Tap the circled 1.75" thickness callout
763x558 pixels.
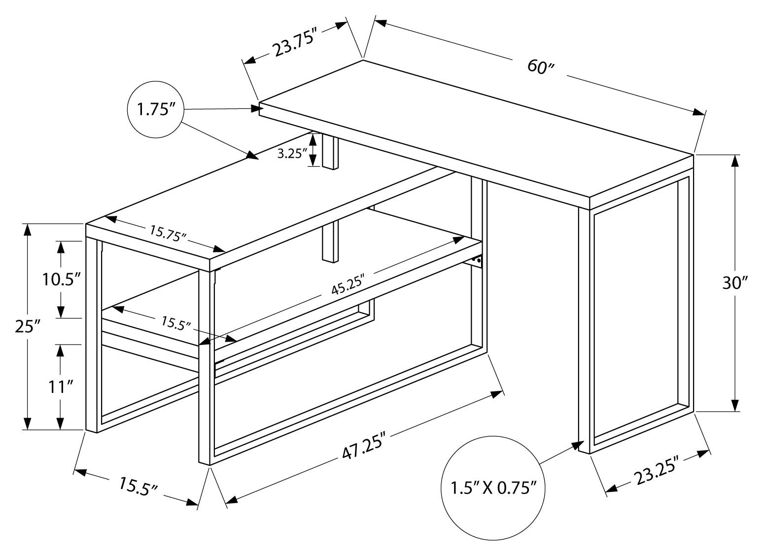coord(155,109)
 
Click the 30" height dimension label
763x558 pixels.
coord(735,283)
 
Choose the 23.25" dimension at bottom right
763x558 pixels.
coord(657,472)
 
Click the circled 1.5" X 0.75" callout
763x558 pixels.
coord(493,488)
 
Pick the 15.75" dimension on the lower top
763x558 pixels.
coord(168,232)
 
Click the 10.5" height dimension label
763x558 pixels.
coord(61,279)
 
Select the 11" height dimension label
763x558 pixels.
coord(61,387)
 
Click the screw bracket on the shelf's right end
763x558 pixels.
coord(476,259)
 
